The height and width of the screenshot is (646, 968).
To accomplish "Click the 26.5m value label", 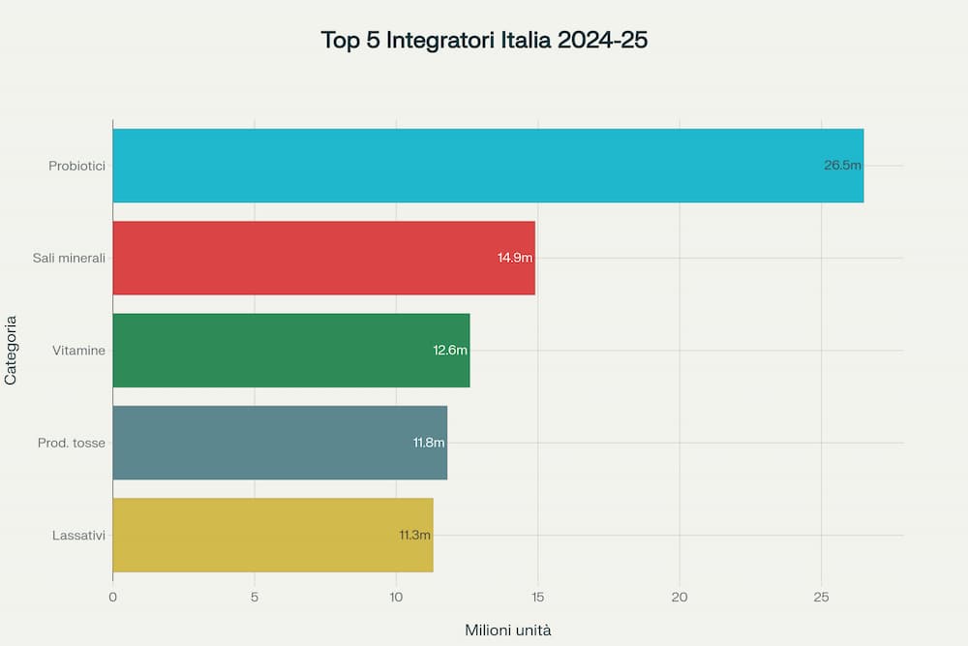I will pos(842,166).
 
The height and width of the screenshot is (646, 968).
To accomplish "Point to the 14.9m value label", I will pos(515,258).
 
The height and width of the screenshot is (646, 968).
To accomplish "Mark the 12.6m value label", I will pos(450,350).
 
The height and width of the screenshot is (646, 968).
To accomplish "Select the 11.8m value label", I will pos(429,443).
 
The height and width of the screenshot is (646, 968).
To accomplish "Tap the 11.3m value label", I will pos(414,535).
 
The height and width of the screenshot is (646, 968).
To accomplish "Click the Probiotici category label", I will pos(76,166).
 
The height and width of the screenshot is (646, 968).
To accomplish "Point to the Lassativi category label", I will pos(78,535).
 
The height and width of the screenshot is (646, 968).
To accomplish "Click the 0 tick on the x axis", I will pos(113,598).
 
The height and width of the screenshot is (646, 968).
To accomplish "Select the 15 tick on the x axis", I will pos(538,598).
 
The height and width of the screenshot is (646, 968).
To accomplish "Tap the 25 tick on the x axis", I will pos(821,598).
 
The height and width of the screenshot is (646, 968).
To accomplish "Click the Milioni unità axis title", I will pos(508,631).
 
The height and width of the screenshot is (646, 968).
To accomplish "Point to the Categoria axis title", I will pos(12,350).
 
